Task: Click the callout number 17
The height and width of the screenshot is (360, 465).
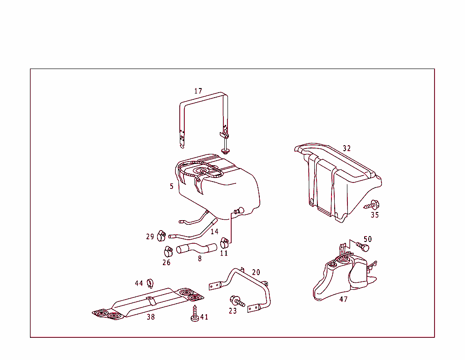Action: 198,91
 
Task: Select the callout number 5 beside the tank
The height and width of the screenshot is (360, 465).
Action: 172,186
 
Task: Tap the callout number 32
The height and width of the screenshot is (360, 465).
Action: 347,148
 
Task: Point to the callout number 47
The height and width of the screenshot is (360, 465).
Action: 344,300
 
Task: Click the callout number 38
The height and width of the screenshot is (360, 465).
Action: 150,317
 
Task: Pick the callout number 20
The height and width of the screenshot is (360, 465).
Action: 256,272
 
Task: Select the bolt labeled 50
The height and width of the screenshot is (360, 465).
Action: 363,247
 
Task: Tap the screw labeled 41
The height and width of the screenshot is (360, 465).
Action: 194,314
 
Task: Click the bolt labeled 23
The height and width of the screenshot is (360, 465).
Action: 237,301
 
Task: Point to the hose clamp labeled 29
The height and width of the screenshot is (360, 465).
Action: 161,236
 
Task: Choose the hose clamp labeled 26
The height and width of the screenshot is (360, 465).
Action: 167,250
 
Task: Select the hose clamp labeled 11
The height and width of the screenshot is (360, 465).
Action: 224,242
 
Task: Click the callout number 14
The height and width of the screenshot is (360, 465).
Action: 214,232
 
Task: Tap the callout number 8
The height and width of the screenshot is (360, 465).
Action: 200,259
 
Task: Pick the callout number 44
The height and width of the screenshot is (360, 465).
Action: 139,283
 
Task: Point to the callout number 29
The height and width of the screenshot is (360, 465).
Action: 150,237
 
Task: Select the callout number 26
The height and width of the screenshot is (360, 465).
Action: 167,262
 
